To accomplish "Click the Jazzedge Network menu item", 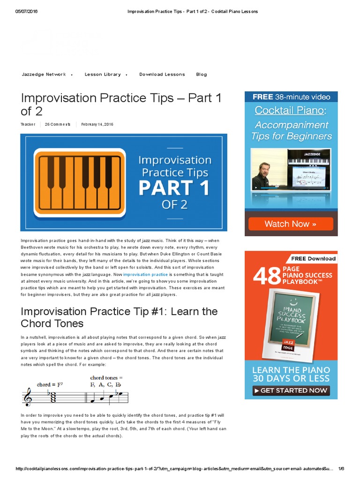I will (x=44, y=75).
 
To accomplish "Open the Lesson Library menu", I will (x=103, y=75).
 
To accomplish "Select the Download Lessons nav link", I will (x=162, y=75).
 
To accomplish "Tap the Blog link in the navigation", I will (x=201, y=75).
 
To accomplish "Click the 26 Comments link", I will (x=58, y=124).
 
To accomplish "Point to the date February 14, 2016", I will (x=97, y=124).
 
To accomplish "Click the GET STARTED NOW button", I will (x=291, y=390).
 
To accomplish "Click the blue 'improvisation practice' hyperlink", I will (x=145, y=274).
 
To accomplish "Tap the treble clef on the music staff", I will (x=28, y=397).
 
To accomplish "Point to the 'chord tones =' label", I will (x=106, y=378).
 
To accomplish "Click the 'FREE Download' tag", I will (x=313, y=258).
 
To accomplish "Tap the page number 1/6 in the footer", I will (x=341, y=469).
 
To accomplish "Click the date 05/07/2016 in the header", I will (x=26, y=11).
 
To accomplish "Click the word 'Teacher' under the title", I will (x=28, y=124).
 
